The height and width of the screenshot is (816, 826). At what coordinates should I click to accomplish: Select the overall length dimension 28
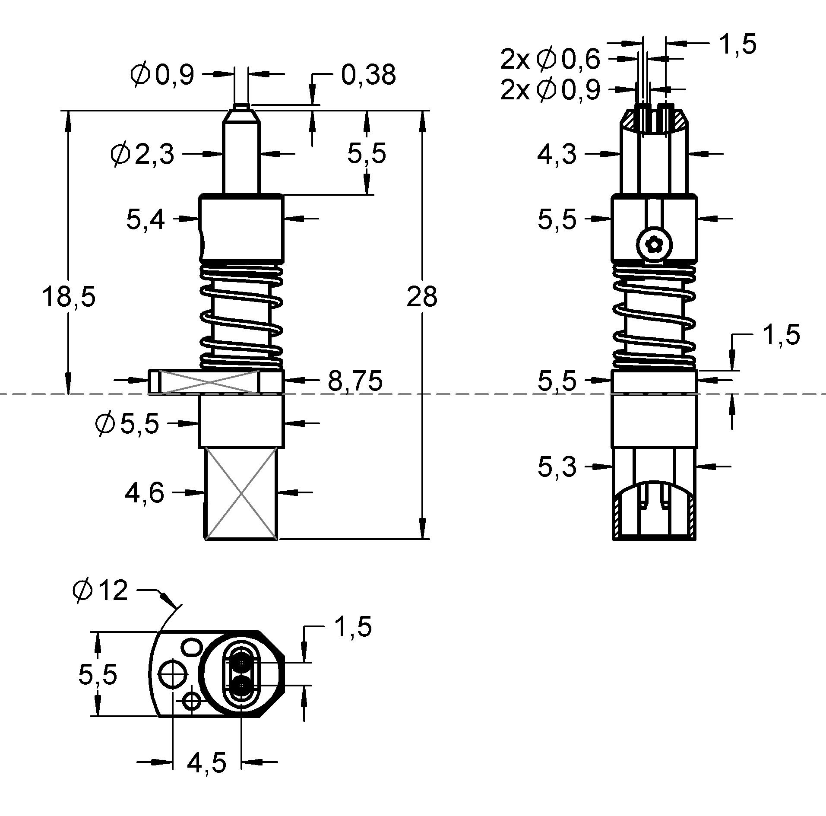tap(421, 297)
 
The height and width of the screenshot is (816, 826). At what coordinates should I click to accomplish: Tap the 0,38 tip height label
tap(368, 75)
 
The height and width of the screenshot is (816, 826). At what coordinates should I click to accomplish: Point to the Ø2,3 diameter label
tap(142, 154)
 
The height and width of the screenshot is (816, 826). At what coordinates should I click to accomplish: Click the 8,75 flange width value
tap(355, 381)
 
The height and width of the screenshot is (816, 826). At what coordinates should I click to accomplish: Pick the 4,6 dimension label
tap(144, 492)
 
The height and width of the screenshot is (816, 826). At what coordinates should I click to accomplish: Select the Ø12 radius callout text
tap(101, 591)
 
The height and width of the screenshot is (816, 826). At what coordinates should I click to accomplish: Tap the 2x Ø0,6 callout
tap(550, 59)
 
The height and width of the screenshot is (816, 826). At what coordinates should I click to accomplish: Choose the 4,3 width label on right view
tap(556, 154)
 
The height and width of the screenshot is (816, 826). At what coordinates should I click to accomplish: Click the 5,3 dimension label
tap(556, 467)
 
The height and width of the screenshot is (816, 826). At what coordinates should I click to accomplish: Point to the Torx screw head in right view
tap(655, 245)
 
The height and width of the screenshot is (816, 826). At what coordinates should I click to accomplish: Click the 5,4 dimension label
tap(146, 219)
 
